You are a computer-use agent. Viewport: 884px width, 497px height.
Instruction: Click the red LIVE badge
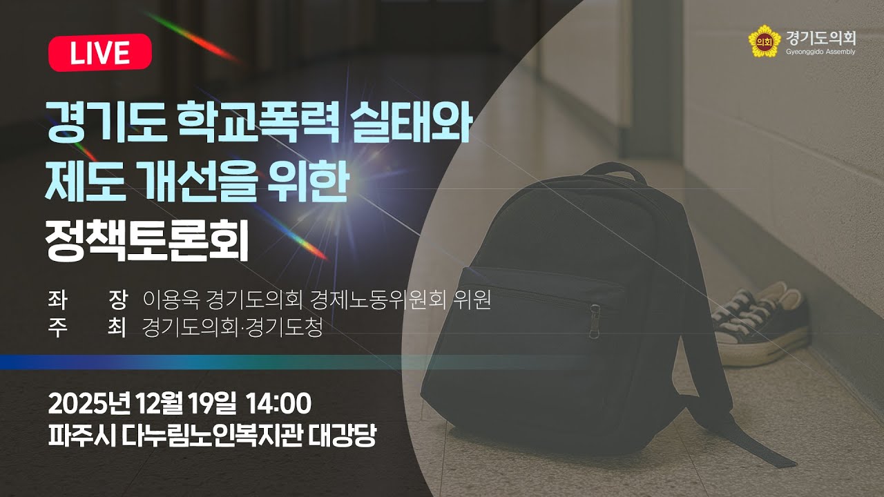pyautogui.click(x=99, y=52)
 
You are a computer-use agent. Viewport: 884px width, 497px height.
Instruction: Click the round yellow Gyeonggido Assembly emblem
pyautogui.click(x=763, y=41)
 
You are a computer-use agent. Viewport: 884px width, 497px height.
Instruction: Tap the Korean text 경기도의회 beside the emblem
pyautogui.click(x=820, y=37)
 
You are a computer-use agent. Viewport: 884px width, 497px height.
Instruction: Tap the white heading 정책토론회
pyautogui.click(x=146, y=242)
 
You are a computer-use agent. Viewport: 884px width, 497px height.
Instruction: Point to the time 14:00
pyautogui.click(x=278, y=402)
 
